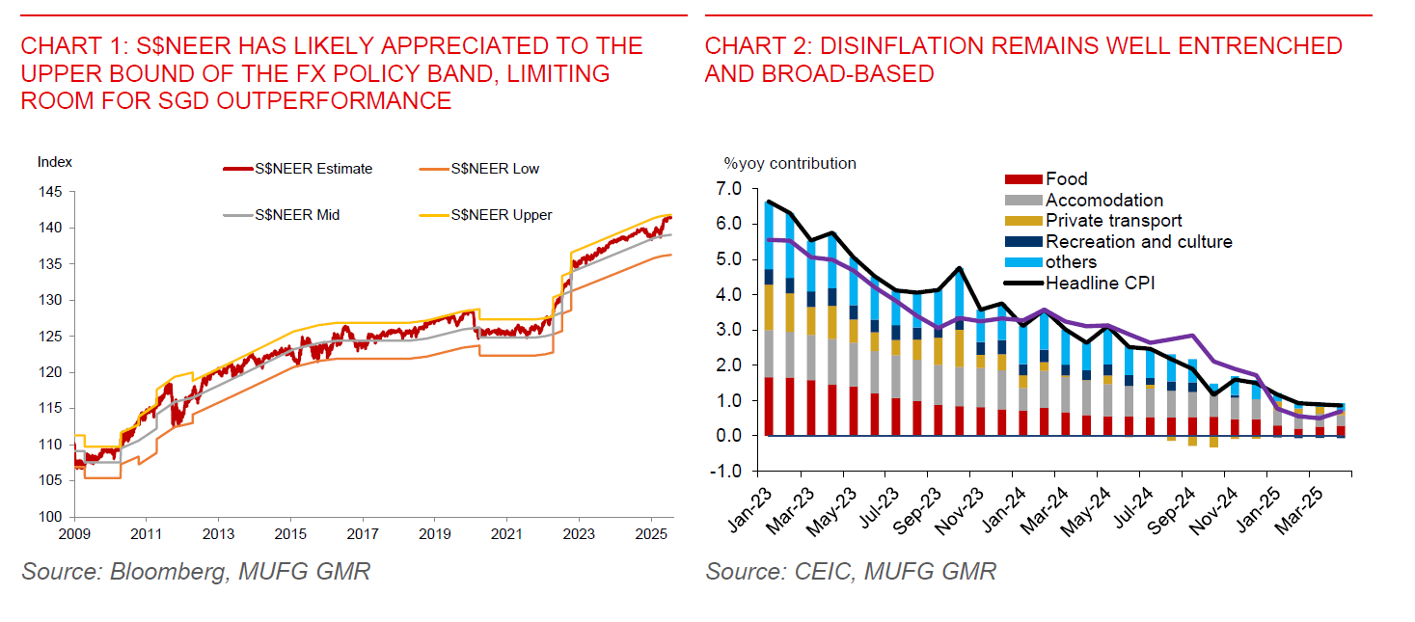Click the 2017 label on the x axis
pyautogui.click(x=363, y=533)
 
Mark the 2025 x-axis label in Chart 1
pyautogui.click(x=651, y=533)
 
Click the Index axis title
pyautogui.click(x=55, y=162)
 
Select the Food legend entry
pyautogui.click(x=1066, y=178)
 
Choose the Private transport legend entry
pyautogui.click(x=1113, y=221)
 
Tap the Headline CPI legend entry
pyautogui.click(x=1100, y=283)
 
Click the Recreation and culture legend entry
pyautogui.click(x=1138, y=242)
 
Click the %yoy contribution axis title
pyautogui.click(x=790, y=163)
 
